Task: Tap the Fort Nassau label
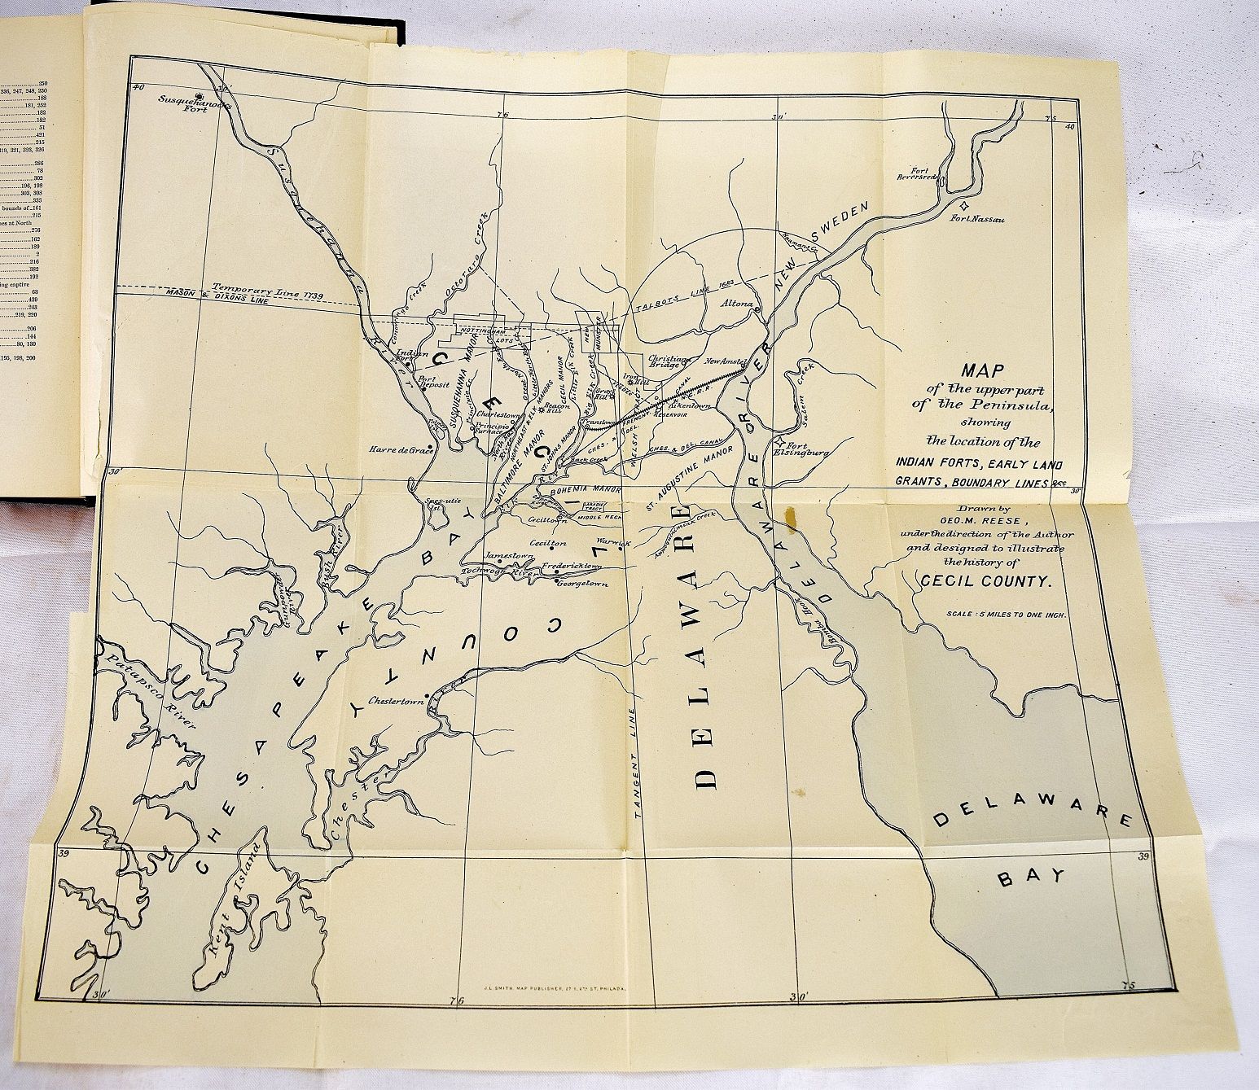981,218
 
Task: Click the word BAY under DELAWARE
1033,875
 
